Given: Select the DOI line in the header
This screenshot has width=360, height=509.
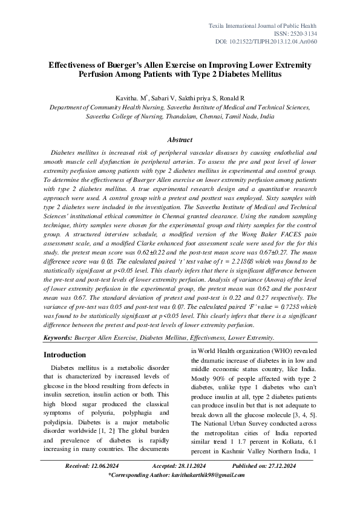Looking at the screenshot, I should click(266, 42).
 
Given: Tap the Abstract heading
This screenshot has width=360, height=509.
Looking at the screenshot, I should click(180, 140).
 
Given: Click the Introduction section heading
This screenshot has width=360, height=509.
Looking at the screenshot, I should click(69, 355).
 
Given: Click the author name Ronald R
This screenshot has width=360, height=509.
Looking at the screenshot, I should click(233, 98).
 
